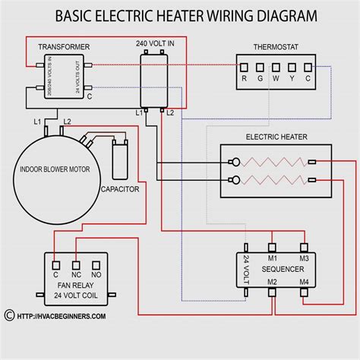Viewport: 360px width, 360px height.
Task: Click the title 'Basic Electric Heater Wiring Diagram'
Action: [x=180, y=14]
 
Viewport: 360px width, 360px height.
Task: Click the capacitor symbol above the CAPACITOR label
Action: [x=119, y=159]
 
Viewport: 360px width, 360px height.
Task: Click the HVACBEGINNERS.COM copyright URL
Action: [x=57, y=315]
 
